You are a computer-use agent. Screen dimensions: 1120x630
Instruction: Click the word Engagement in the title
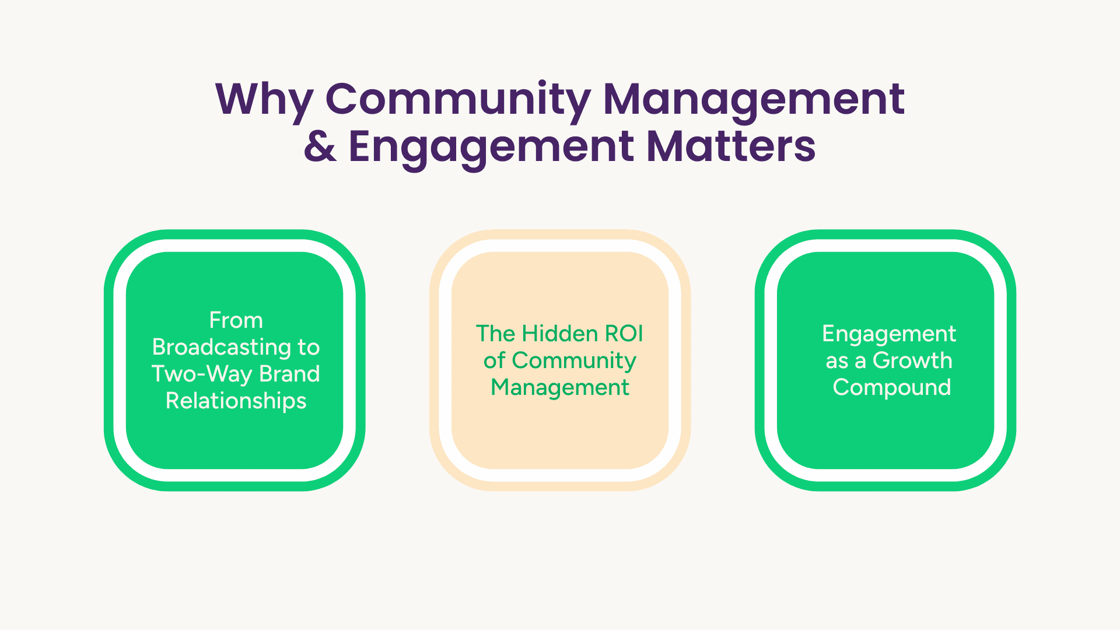tap(491, 149)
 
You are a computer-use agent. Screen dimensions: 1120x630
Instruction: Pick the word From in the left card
tap(236, 320)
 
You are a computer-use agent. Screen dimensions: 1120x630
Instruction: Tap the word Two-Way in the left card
tap(202, 374)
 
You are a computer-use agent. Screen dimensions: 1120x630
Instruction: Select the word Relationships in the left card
tap(236, 401)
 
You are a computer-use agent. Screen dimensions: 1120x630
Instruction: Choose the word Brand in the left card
tap(289, 374)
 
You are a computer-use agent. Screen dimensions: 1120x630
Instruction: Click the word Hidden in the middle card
tap(560, 334)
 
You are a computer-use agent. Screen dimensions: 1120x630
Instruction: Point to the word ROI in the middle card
tap(624, 334)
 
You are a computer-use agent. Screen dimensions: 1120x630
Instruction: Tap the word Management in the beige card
tap(560, 388)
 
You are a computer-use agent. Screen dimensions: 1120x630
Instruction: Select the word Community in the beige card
tap(574, 361)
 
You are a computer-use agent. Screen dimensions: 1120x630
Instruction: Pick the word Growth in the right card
tap(912, 360)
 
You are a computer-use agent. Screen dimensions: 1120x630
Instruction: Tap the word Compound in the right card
tap(892, 388)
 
